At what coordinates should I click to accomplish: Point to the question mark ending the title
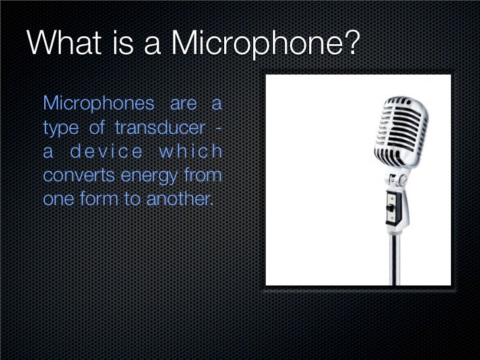coord(352,44)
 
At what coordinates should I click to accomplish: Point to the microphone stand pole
coord(396,257)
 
